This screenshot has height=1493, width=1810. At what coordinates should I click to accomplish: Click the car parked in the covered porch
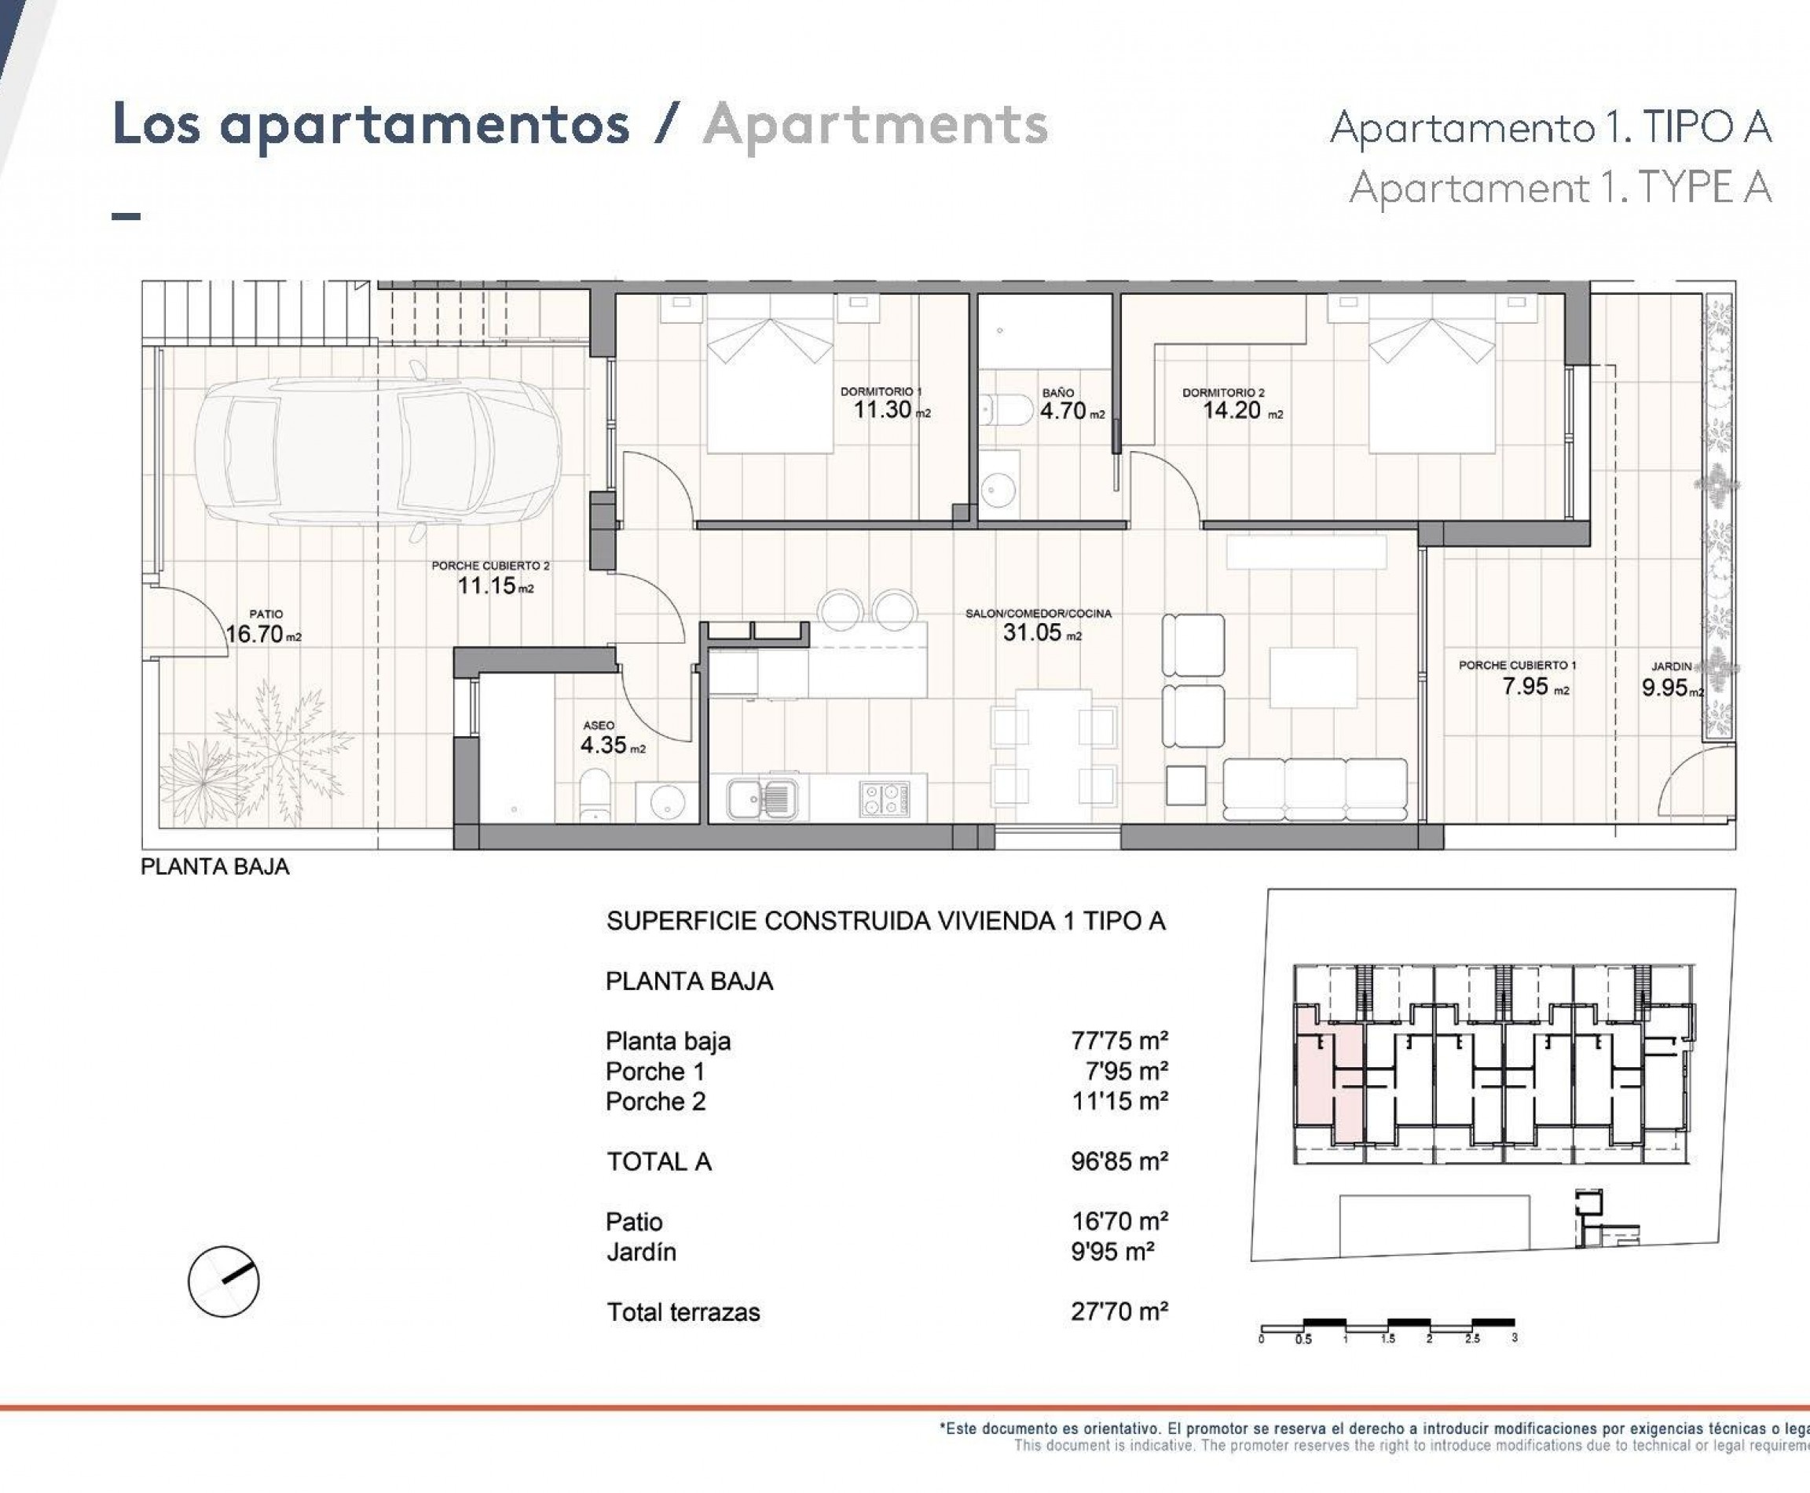[x=378, y=452]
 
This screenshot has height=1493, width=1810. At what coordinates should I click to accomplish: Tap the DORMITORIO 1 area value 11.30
[x=881, y=410]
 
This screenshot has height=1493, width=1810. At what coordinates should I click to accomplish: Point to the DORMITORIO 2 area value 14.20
[x=1231, y=411]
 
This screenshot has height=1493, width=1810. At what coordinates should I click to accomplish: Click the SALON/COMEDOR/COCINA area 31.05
[x=1031, y=633]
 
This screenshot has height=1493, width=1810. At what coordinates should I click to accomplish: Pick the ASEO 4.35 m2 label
[x=612, y=739]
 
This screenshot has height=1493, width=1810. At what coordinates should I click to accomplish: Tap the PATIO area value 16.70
[x=255, y=635]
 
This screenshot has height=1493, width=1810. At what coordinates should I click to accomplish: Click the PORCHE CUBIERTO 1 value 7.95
[x=1526, y=686]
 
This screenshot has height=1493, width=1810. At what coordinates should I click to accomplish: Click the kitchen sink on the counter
[x=763, y=799]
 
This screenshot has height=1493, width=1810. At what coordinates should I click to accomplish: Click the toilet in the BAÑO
[x=1007, y=410]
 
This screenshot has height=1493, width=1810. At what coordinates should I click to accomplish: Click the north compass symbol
[x=224, y=1282]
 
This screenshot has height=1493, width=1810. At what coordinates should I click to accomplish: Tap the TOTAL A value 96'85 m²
[x=1119, y=1162]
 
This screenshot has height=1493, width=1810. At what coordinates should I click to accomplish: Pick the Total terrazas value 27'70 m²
[x=1119, y=1311]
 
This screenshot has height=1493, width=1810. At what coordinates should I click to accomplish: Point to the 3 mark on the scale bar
[x=1514, y=1338]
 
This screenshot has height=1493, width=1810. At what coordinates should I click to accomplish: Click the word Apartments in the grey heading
[x=875, y=126]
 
